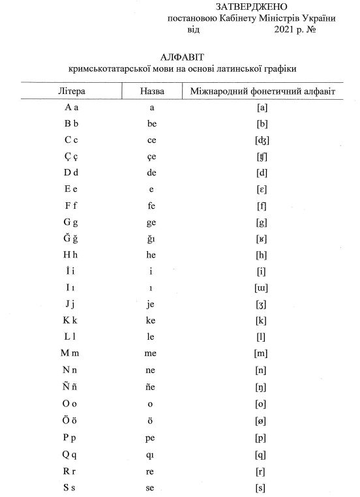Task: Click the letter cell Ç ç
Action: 72,156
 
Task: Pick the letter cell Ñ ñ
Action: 72,387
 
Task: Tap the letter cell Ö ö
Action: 72,420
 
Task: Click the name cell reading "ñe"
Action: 152,387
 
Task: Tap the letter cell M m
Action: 72,354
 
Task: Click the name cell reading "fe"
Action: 152,205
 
